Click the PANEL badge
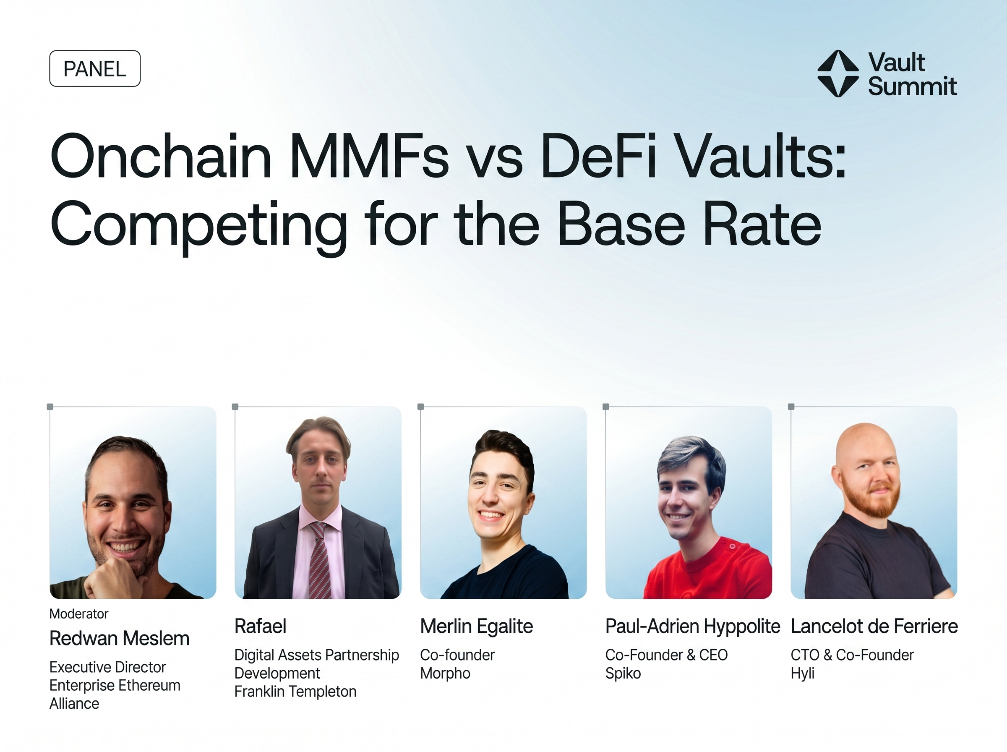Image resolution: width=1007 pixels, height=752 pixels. click(95, 69)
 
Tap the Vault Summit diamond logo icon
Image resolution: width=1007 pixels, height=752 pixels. click(838, 74)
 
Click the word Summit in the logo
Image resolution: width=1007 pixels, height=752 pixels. click(912, 86)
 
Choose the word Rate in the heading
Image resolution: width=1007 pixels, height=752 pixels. click(763, 225)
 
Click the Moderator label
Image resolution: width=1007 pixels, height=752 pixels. click(79, 614)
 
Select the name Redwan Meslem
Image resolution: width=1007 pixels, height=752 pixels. click(119, 638)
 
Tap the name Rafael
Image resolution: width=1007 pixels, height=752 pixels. click(260, 626)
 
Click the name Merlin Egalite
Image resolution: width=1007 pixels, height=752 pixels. click(476, 626)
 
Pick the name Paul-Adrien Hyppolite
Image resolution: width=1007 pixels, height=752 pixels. click(693, 626)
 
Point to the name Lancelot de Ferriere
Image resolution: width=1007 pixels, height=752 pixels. click(874, 626)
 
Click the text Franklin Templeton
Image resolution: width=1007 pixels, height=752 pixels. click(295, 691)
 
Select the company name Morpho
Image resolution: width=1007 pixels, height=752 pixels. click(445, 673)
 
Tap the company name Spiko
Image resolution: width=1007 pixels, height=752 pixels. click(623, 673)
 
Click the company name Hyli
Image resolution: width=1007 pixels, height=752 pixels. click(802, 673)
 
